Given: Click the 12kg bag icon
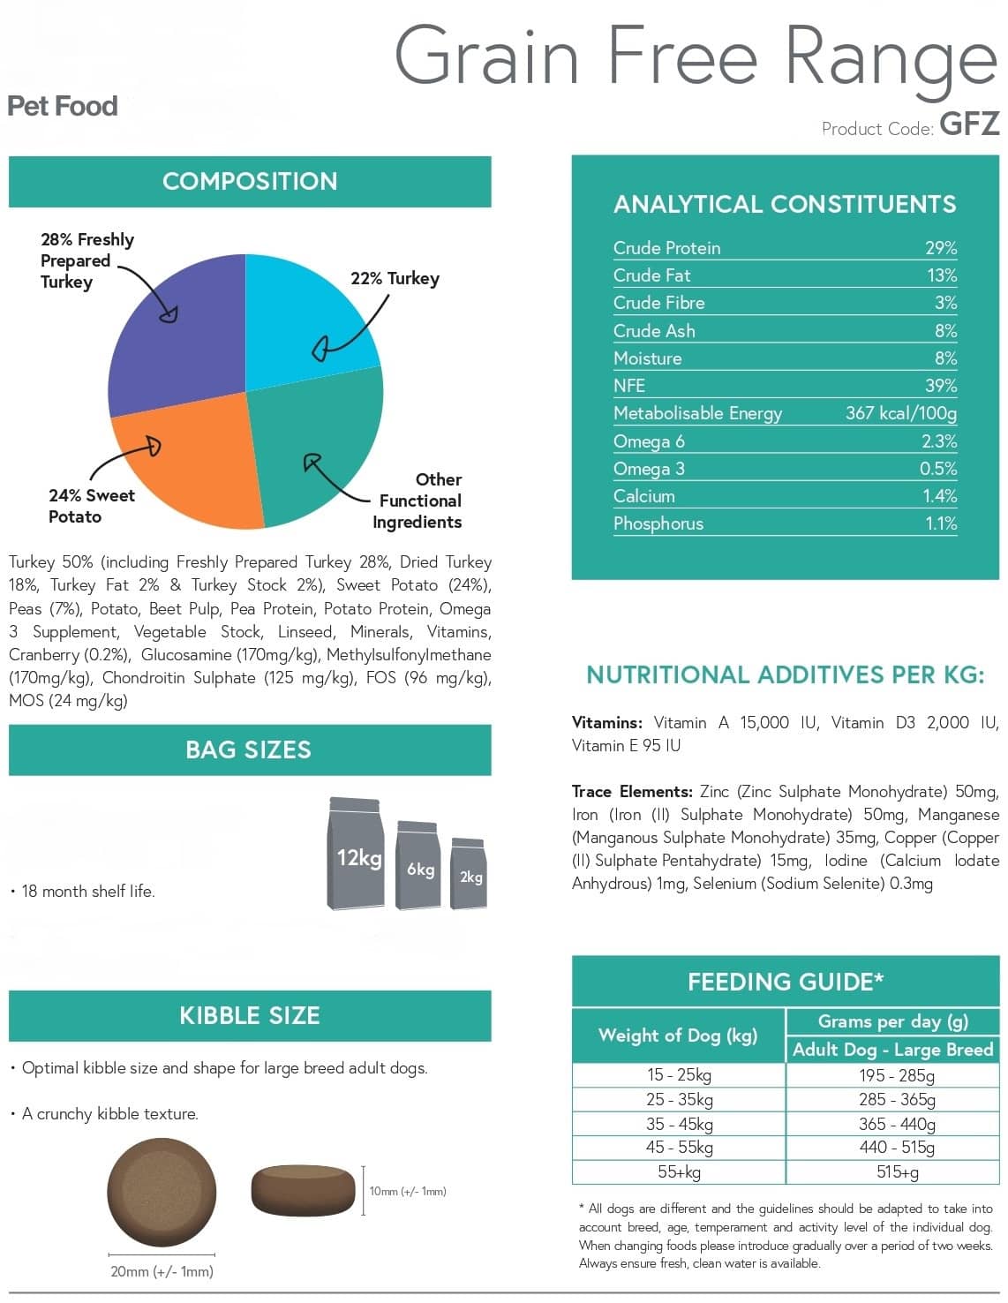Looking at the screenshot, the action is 356,853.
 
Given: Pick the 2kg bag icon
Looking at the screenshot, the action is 469,873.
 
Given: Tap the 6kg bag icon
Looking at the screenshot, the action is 419,864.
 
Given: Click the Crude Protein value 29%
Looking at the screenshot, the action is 940,248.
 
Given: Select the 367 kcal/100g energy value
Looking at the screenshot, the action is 900,413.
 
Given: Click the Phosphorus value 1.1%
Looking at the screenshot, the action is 941,523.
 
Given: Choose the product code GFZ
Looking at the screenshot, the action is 969,124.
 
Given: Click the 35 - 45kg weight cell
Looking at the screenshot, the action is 679,1124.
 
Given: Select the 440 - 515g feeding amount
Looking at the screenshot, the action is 897,1147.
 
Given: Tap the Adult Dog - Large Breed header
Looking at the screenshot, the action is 892,1050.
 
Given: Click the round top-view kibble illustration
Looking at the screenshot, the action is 162,1192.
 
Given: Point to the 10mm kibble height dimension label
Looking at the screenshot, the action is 408,1192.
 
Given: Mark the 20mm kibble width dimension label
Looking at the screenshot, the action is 162,1272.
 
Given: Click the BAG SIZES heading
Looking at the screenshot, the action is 249,750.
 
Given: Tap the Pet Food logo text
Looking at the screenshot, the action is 63,106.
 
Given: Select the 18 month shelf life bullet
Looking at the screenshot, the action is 83,892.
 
